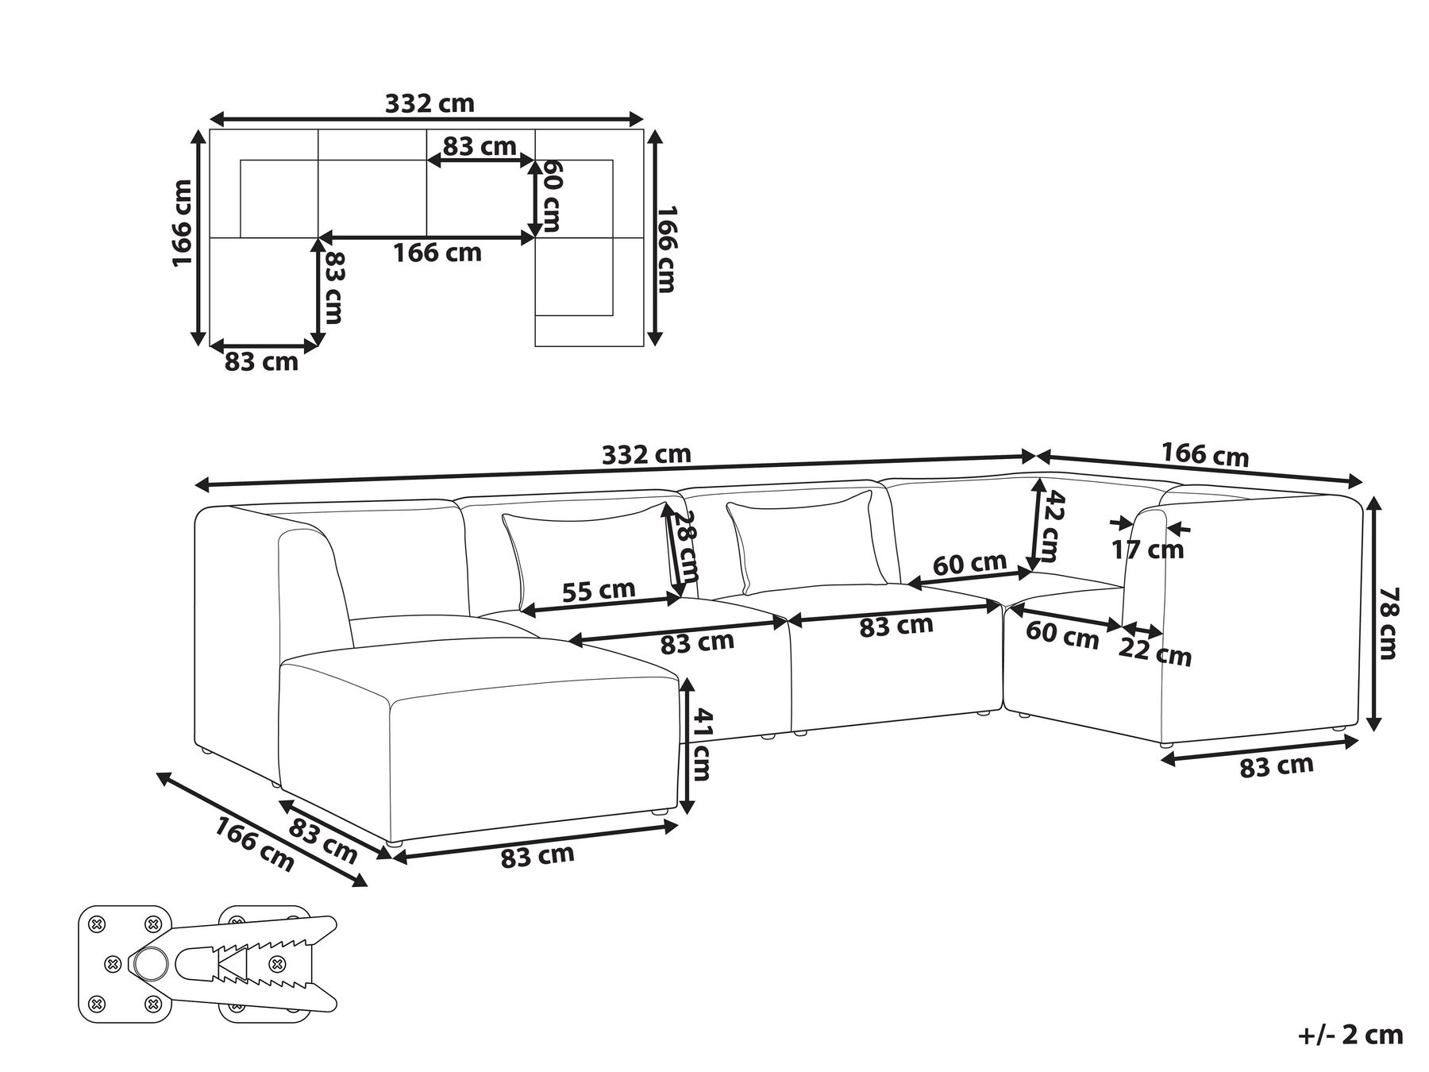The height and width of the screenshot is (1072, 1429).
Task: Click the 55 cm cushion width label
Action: click(x=599, y=591)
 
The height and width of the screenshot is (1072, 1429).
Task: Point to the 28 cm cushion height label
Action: click(x=684, y=546)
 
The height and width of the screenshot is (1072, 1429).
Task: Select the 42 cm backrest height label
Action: click(x=1053, y=526)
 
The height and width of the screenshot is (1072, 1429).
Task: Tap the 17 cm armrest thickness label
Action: click(x=1148, y=549)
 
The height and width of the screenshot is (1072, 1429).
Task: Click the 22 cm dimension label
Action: click(x=1155, y=652)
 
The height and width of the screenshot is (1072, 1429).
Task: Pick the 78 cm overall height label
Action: click(x=1389, y=623)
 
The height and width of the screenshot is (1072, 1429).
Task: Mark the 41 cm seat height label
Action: click(x=700, y=743)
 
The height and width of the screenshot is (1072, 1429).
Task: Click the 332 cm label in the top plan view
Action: click(x=429, y=103)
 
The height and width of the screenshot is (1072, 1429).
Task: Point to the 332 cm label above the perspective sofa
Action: click(x=646, y=455)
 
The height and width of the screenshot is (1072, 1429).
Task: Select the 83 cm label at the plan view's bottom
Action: click(x=261, y=362)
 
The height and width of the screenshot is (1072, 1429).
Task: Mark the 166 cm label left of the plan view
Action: click(x=183, y=223)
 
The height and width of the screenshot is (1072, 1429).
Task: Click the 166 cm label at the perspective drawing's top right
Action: click(x=1205, y=455)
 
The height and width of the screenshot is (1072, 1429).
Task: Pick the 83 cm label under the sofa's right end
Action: click(x=1277, y=765)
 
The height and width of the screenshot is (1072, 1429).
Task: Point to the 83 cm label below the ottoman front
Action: click(x=537, y=856)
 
